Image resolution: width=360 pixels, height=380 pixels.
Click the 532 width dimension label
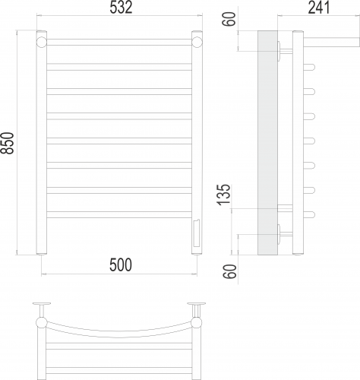121,8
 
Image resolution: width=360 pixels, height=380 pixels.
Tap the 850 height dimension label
7,143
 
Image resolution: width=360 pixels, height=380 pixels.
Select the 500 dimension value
121,265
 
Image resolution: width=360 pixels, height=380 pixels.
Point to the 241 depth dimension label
319,8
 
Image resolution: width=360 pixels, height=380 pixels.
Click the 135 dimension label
224,195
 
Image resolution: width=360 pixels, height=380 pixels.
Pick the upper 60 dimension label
229,18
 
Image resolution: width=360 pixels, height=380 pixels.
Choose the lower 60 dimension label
230,271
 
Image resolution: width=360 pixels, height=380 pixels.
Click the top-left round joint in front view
42,42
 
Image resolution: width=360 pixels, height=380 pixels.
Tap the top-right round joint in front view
197,42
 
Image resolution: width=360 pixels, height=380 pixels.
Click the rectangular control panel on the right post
197,233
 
